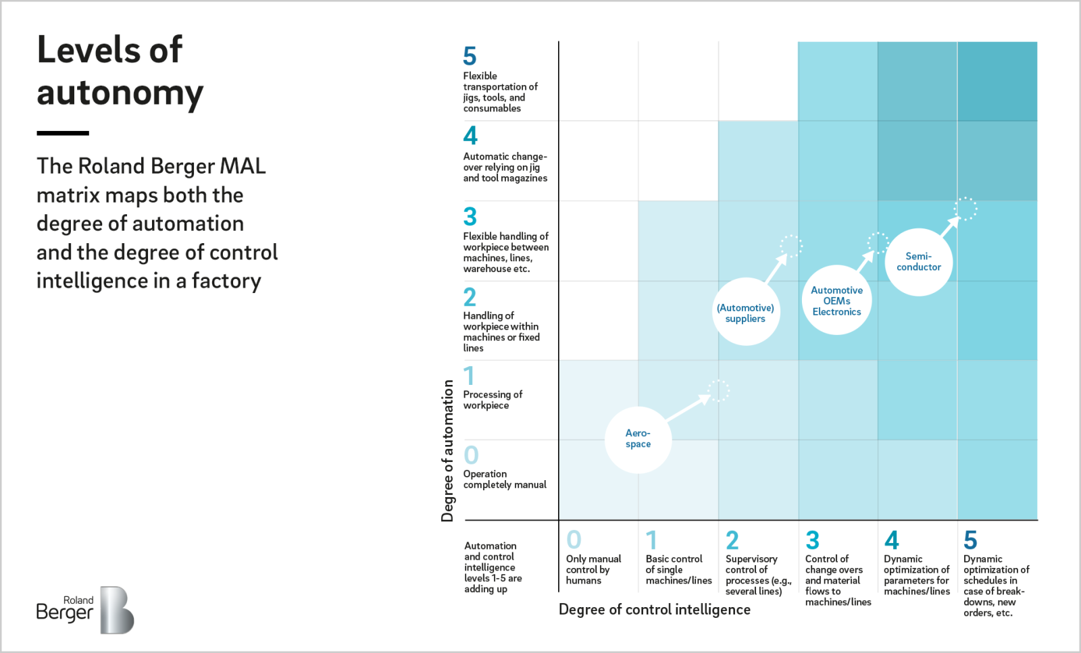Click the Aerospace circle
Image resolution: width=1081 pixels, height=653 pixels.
(638, 439)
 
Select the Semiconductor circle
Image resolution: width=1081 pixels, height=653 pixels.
(918, 262)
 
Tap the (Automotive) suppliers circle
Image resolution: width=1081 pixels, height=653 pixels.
(745, 313)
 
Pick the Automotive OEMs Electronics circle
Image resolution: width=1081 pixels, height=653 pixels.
(836, 301)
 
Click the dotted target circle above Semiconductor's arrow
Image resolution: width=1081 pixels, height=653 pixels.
(965, 209)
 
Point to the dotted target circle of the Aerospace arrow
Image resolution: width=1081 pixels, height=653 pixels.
(718, 390)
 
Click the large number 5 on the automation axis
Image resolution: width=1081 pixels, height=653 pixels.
(470, 56)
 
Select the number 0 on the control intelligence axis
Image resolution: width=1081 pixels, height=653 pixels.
(574, 540)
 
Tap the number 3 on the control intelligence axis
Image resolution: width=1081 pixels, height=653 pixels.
(812, 540)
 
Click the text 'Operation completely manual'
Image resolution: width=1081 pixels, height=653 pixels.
(504, 479)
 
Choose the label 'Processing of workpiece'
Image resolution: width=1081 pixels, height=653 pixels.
(493, 400)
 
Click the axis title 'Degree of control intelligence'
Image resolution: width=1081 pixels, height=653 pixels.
(654, 610)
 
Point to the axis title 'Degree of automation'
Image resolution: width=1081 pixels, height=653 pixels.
(447, 450)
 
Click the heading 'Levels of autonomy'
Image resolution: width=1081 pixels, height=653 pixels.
(119, 71)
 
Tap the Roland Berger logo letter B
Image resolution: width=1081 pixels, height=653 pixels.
(116, 610)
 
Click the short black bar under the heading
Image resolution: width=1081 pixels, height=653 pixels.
(63, 133)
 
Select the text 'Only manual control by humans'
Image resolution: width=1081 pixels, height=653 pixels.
(593, 569)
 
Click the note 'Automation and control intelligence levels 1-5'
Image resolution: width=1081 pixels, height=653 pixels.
(493, 567)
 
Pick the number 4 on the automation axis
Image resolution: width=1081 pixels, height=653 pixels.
(470, 136)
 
